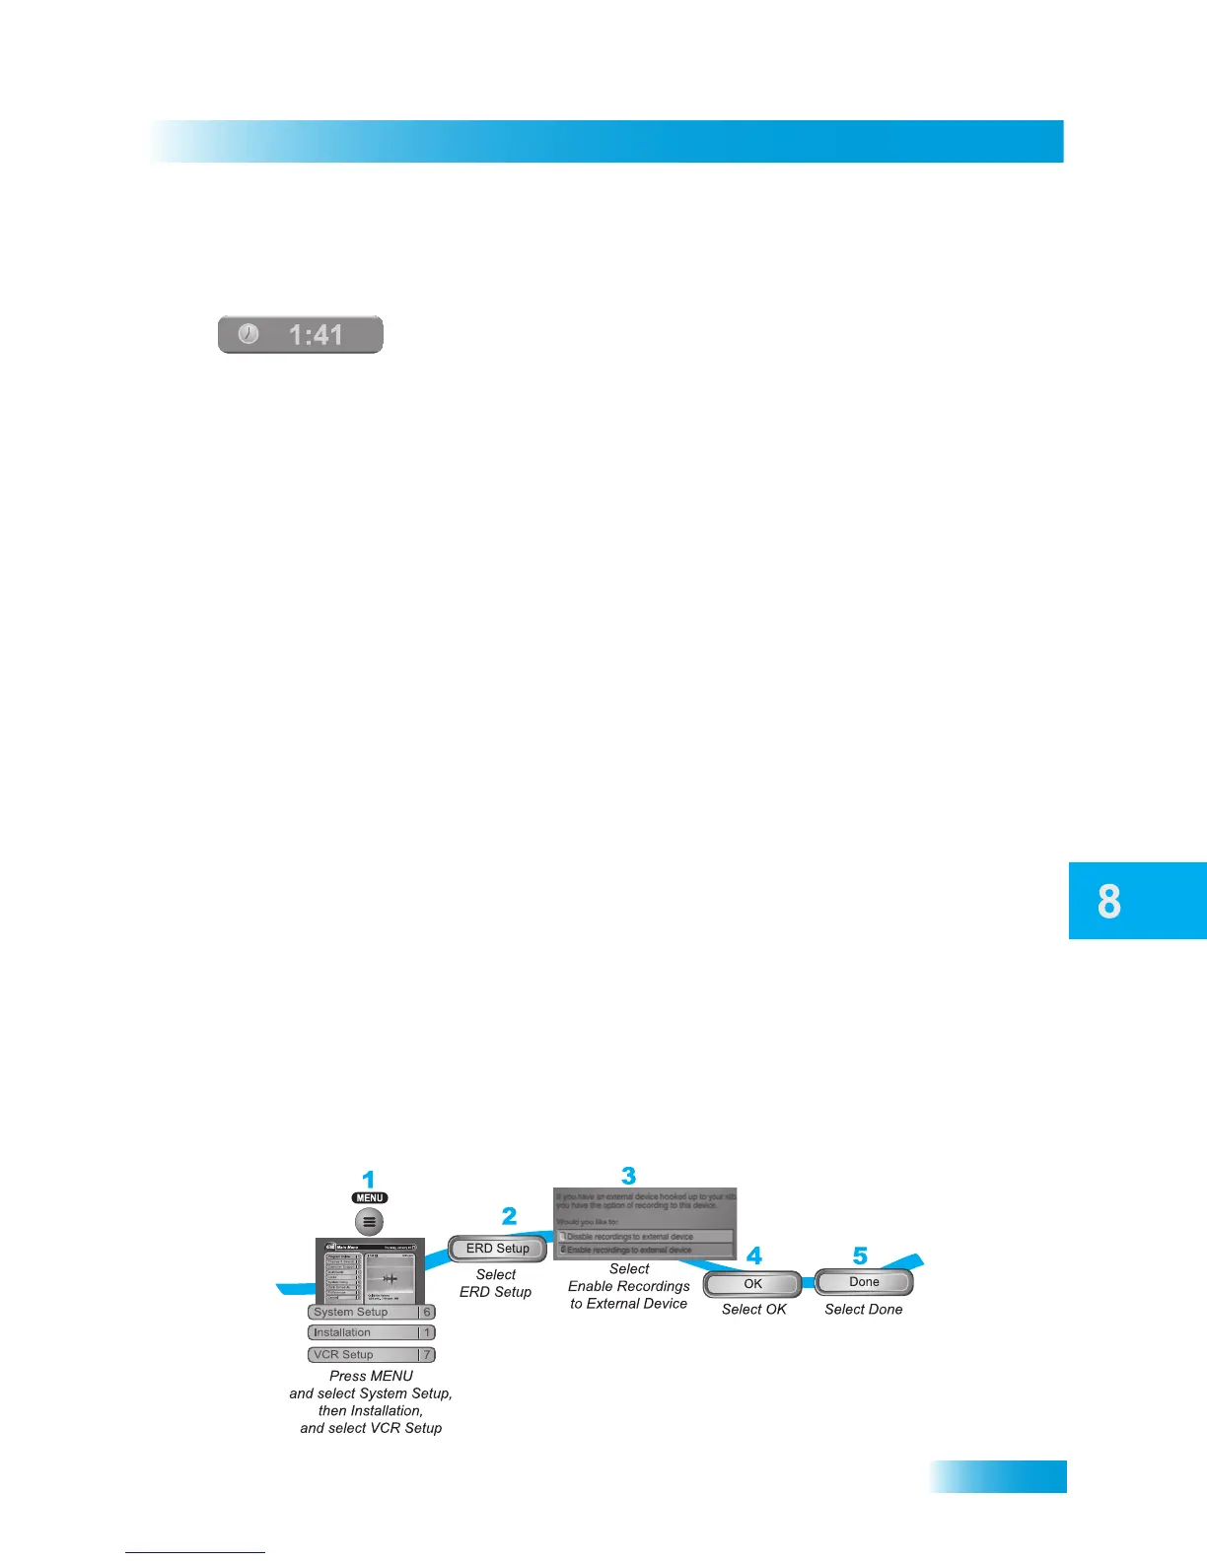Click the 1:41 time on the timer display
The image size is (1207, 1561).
coord(316,335)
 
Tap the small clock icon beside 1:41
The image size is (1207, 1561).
coord(248,334)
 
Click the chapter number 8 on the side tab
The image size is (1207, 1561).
coord(1109,901)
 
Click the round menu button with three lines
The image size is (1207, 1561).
coord(370,1222)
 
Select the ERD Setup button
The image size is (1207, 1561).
coord(497,1249)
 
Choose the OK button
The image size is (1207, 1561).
coord(752,1284)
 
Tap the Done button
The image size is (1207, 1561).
coord(864,1282)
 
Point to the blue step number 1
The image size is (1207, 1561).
coord(369,1180)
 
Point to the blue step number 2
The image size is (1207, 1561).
coord(509,1216)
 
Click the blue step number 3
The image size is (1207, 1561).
coord(629,1176)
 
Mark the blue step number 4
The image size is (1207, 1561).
coord(754,1256)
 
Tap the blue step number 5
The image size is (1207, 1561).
coord(860,1256)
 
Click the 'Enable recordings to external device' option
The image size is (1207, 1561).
coord(645,1250)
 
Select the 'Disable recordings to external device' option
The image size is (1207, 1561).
coord(645,1236)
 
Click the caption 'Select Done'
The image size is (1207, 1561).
coord(864,1310)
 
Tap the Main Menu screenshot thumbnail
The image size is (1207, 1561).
coord(370,1271)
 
